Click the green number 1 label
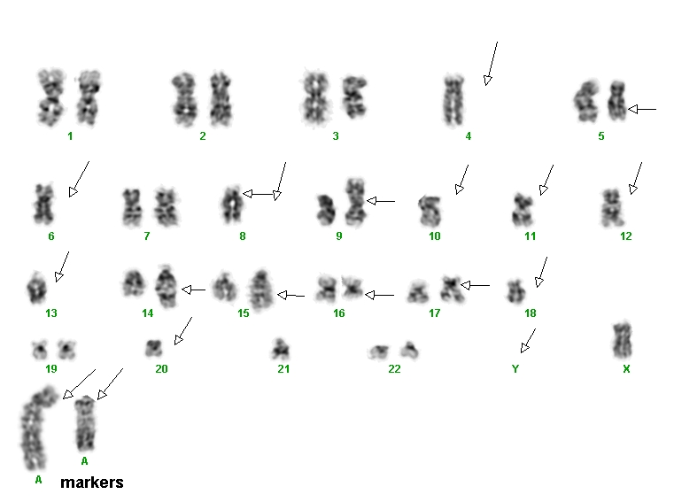point(70,136)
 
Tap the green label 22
point(394,369)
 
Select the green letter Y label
point(515,369)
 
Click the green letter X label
point(626,369)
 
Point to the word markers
point(92,483)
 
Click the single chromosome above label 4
point(454,100)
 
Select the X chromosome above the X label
point(622,341)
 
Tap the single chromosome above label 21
point(280,349)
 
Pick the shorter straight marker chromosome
point(85,424)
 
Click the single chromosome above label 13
point(36,288)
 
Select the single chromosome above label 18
point(515,291)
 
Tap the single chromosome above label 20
point(153,348)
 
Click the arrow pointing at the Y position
point(528,341)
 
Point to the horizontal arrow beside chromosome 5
point(642,110)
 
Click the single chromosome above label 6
point(44,205)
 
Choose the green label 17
point(435,313)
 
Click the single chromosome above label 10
point(430,210)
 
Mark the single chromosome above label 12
point(612,207)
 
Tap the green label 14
point(147,313)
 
